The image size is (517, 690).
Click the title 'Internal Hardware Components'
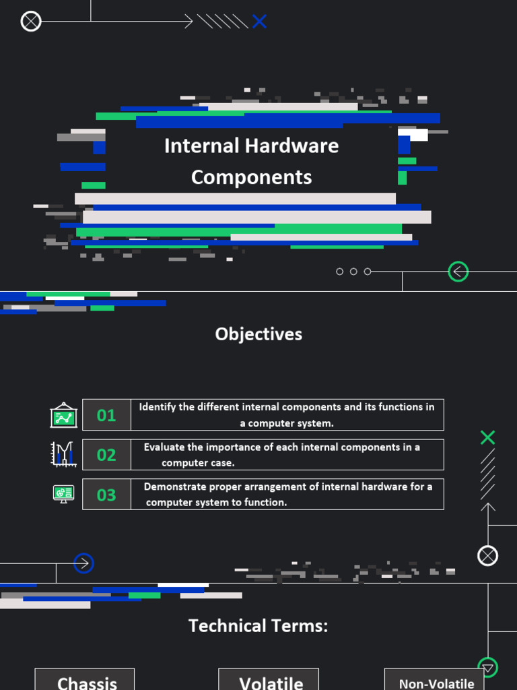tap(251, 161)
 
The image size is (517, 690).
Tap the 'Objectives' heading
tap(258, 334)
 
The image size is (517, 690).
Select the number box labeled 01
tap(106, 415)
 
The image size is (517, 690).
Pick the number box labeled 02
tap(106, 455)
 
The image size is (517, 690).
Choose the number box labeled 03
tap(106, 495)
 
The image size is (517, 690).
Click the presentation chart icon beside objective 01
tap(64, 415)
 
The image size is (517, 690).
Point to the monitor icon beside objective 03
tap(64, 494)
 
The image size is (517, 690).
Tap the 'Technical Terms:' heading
tap(258, 626)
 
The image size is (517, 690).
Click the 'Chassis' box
tap(85, 681)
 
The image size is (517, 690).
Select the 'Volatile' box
tap(269, 681)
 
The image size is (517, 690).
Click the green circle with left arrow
tap(458, 272)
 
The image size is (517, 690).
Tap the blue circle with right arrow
tap(83, 563)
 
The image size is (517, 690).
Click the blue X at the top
tap(259, 22)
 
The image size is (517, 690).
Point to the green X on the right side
tap(488, 437)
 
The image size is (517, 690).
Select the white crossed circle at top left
tap(31, 22)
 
